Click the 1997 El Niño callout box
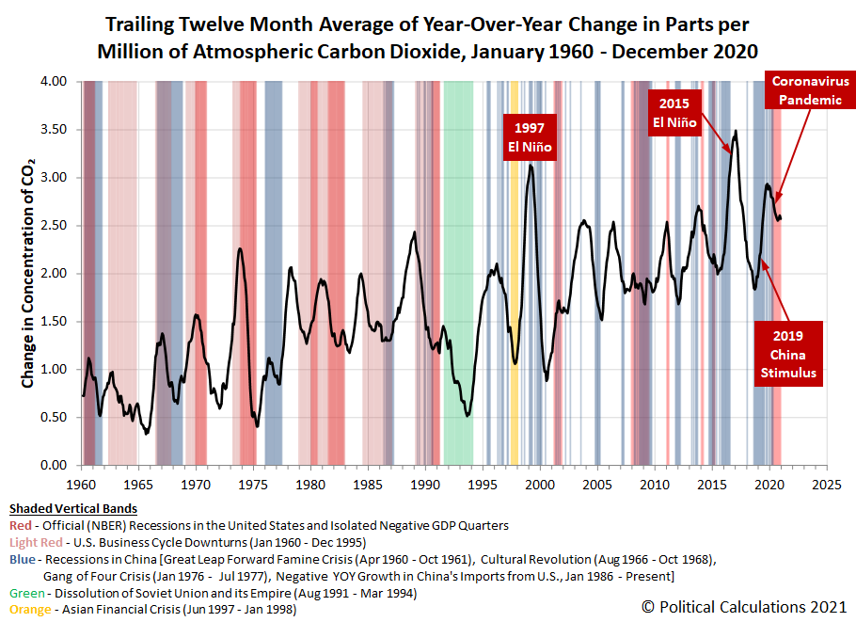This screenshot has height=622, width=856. (x=530, y=137)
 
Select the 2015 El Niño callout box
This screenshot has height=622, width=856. (x=674, y=113)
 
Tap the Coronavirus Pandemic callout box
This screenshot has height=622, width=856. (x=810, y=90)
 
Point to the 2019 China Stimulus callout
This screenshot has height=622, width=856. (x=787, y=354)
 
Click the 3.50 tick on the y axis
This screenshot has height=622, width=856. (x=54, y=130)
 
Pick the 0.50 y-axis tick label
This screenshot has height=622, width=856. (x=54, y=417)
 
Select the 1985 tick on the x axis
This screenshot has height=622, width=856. (x=368, y=485)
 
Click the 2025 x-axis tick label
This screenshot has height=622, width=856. (x=827, y=485)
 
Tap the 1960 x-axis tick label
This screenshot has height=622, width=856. (x=81, y=485)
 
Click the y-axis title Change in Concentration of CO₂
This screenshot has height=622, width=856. (x=28, y=274)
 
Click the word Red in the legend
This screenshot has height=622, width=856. (x=20, y=525)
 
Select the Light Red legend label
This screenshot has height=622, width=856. (x=36, y=542)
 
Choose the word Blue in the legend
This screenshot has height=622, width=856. (x=23, y=559)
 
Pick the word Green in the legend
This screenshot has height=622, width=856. (x=26, y=593)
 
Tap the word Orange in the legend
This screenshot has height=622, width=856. (x=30, y=610)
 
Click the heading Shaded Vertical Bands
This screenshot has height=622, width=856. (x=73, y=508)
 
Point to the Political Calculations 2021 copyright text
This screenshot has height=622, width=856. (x=744, y=607)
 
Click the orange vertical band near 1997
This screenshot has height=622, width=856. (x=515, y=273)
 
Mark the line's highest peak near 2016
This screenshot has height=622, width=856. (x=736, y=131)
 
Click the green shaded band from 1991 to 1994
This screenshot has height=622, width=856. (x=458, y=273)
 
